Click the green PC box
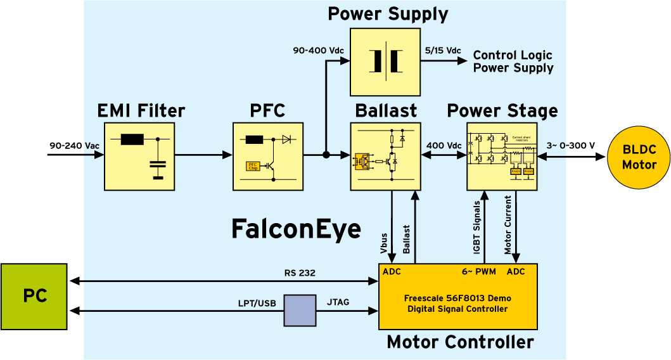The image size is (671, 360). [x=34, y=297]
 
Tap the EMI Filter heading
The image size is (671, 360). [x=141, y=112]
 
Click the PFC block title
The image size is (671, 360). [x=267, y=112]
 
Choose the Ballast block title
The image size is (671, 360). [x=385, y=111]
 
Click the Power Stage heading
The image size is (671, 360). [x=502, y=111]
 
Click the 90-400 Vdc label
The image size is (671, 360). [x=317, y=50]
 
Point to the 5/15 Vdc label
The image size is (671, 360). [x=442, y=50]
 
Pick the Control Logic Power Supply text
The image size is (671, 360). [x=513, y=61]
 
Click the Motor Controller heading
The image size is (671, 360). [x=460, y=343]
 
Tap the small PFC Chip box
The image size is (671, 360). [x=252, y=167]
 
